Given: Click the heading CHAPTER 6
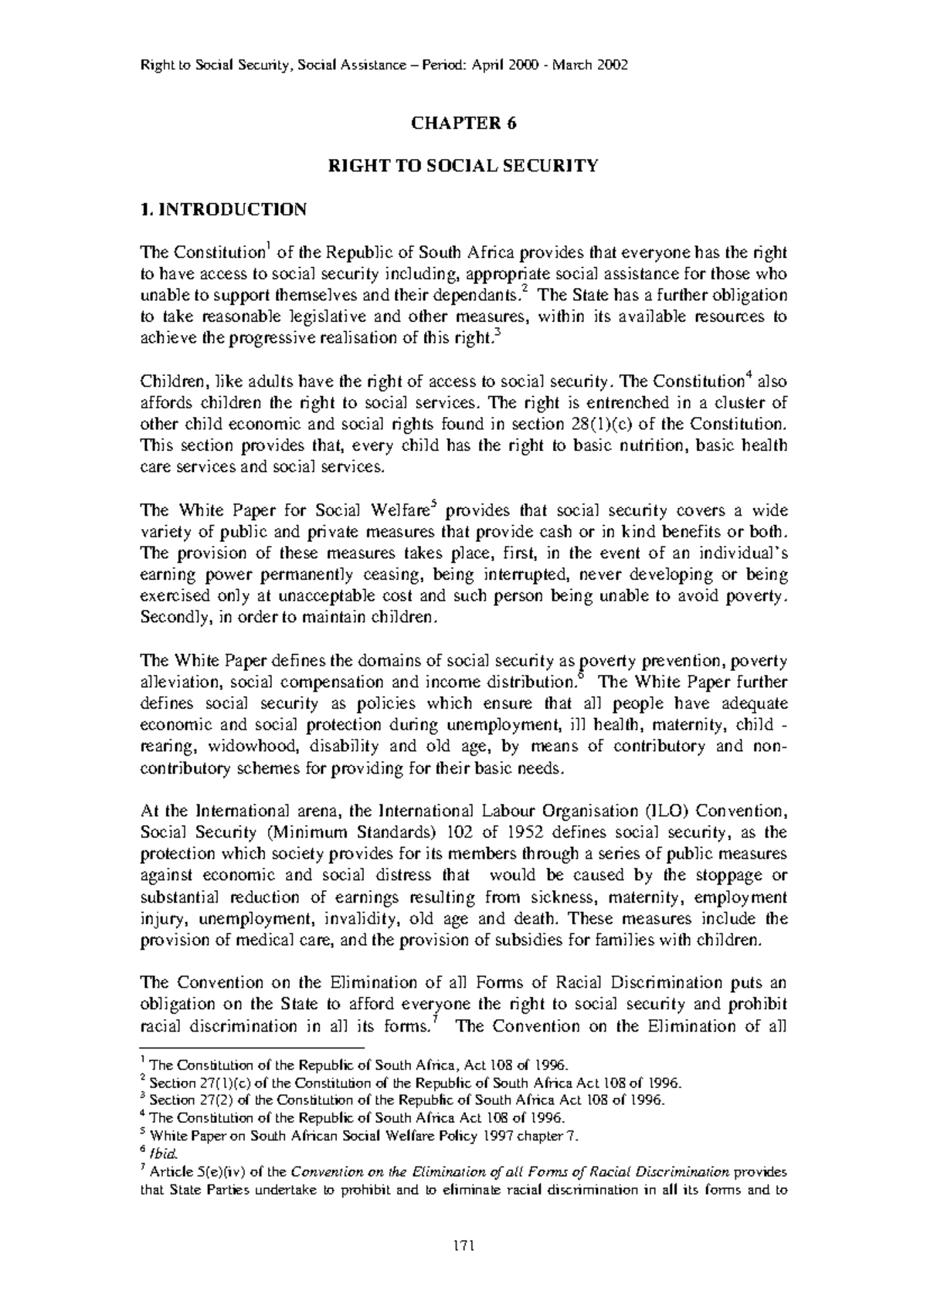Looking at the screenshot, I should click(463, 124).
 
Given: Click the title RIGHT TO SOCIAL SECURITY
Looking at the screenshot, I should click(463, 165).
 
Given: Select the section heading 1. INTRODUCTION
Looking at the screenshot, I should click(223, 209).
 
